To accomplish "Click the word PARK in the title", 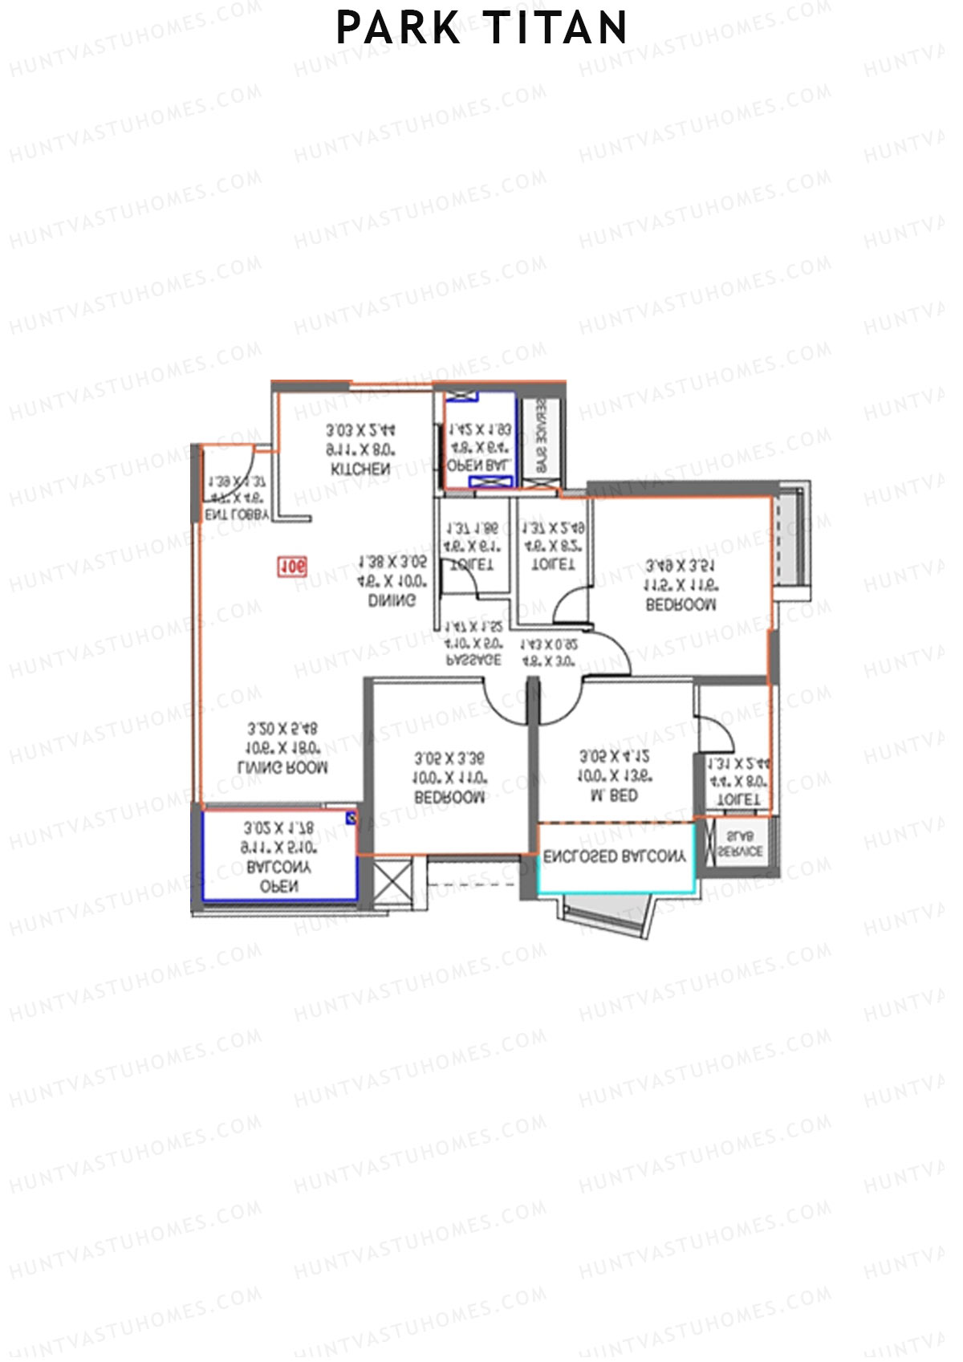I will (398, 28).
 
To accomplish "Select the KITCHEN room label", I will (360, 470).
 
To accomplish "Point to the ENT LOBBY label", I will (237, 515).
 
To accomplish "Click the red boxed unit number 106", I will (292, 567).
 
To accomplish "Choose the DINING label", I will (392, 600).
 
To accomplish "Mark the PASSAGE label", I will (473, 660).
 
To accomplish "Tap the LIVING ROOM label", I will (283, 768).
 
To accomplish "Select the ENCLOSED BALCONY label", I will (615, 857).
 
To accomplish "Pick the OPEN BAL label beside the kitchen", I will (479, 466).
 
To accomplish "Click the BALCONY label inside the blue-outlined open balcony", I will (278, 868).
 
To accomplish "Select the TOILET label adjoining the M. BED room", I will (737, 800).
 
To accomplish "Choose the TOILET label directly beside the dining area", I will (472, 565).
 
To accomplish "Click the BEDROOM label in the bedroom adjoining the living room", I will (449, 798).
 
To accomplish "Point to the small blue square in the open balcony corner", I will (351, 818).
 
